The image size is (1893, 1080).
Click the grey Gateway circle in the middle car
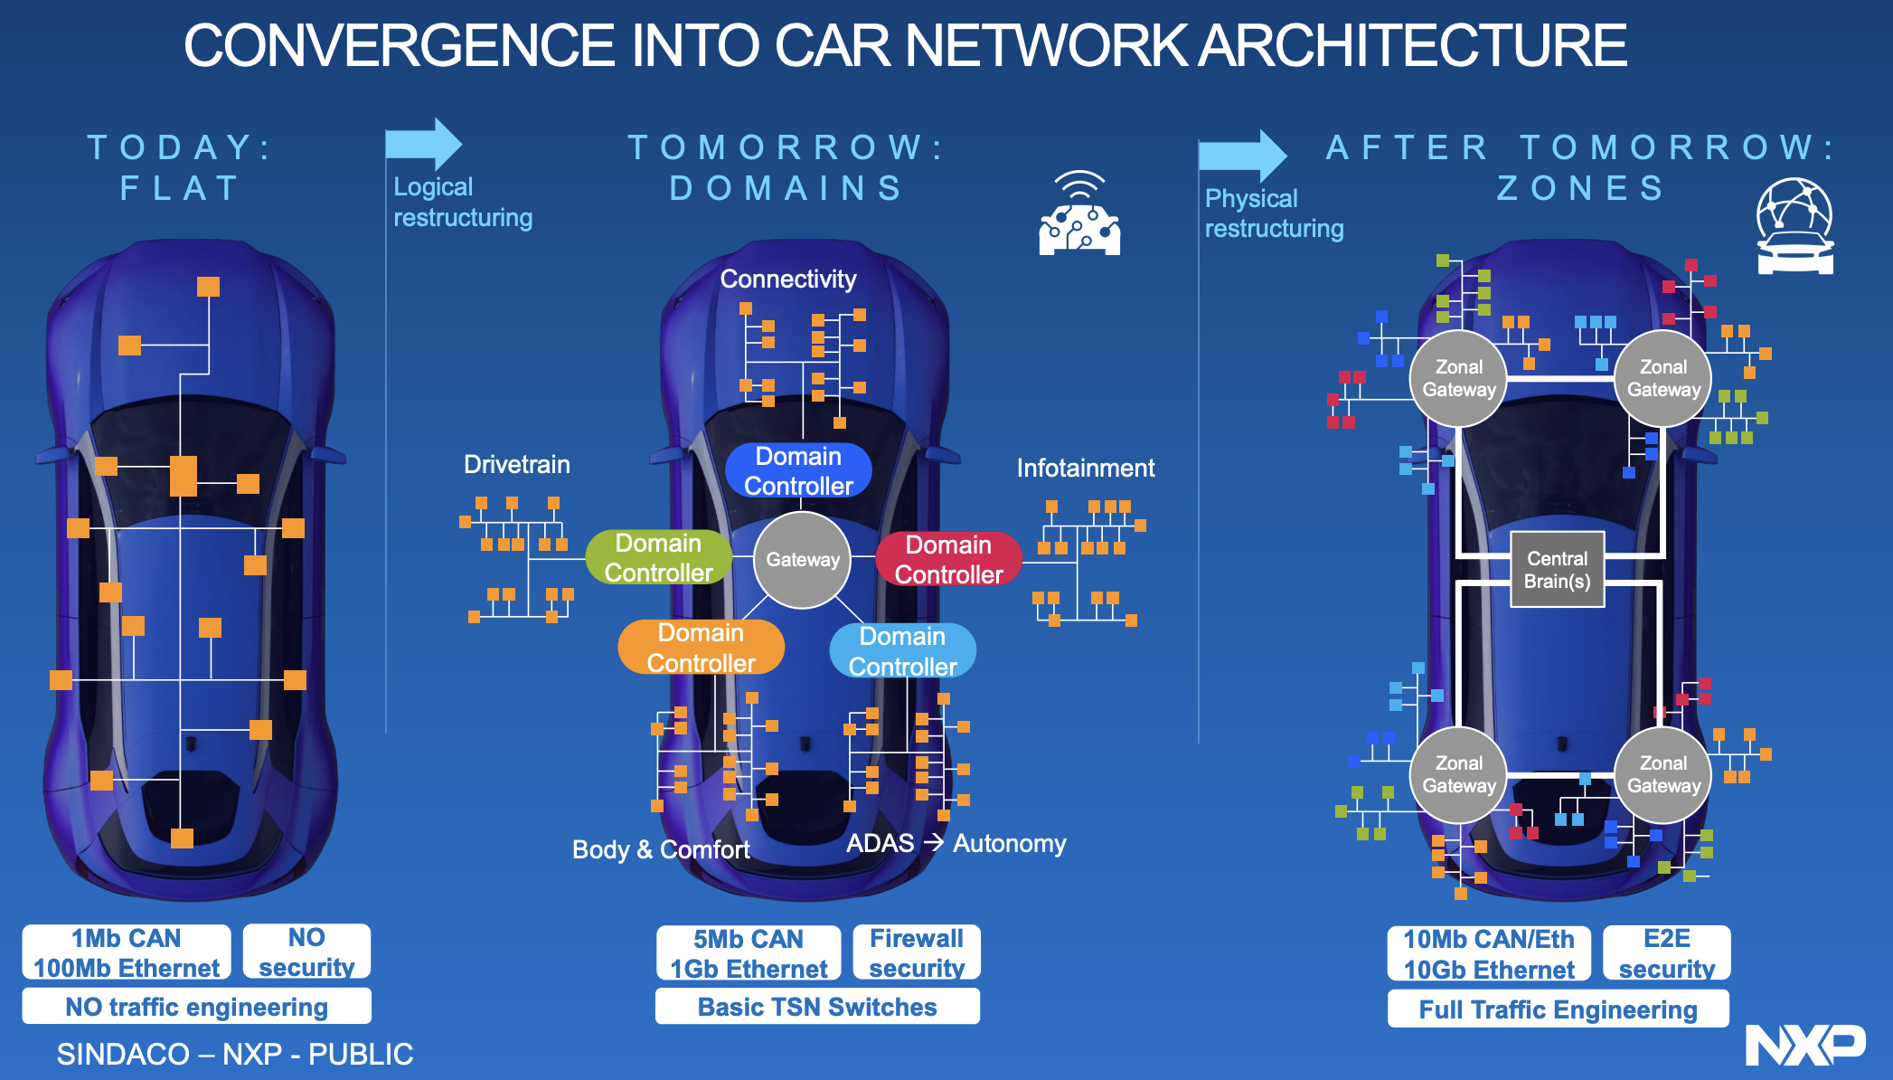(802, 560)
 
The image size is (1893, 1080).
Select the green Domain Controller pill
(658, 557)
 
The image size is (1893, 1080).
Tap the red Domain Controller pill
(948, 559)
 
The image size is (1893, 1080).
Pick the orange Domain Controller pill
(701, 648)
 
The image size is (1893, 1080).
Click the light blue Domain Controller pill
(902, 651)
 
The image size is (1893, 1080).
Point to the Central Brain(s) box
(1557, 570)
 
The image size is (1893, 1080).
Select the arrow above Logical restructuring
(423, 144)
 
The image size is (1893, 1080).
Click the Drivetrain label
(516, 465)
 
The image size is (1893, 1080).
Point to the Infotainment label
(1085, 469)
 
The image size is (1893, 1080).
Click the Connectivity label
(787, 279)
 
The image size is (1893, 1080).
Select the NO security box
(306, 952)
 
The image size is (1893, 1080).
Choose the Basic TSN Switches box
(817, 1007)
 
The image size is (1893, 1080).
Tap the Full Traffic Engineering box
(1558, 1009)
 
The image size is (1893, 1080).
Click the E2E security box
(1666, 953)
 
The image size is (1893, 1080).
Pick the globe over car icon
(1794, 226)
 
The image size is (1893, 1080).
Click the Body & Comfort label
(661, 850)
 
